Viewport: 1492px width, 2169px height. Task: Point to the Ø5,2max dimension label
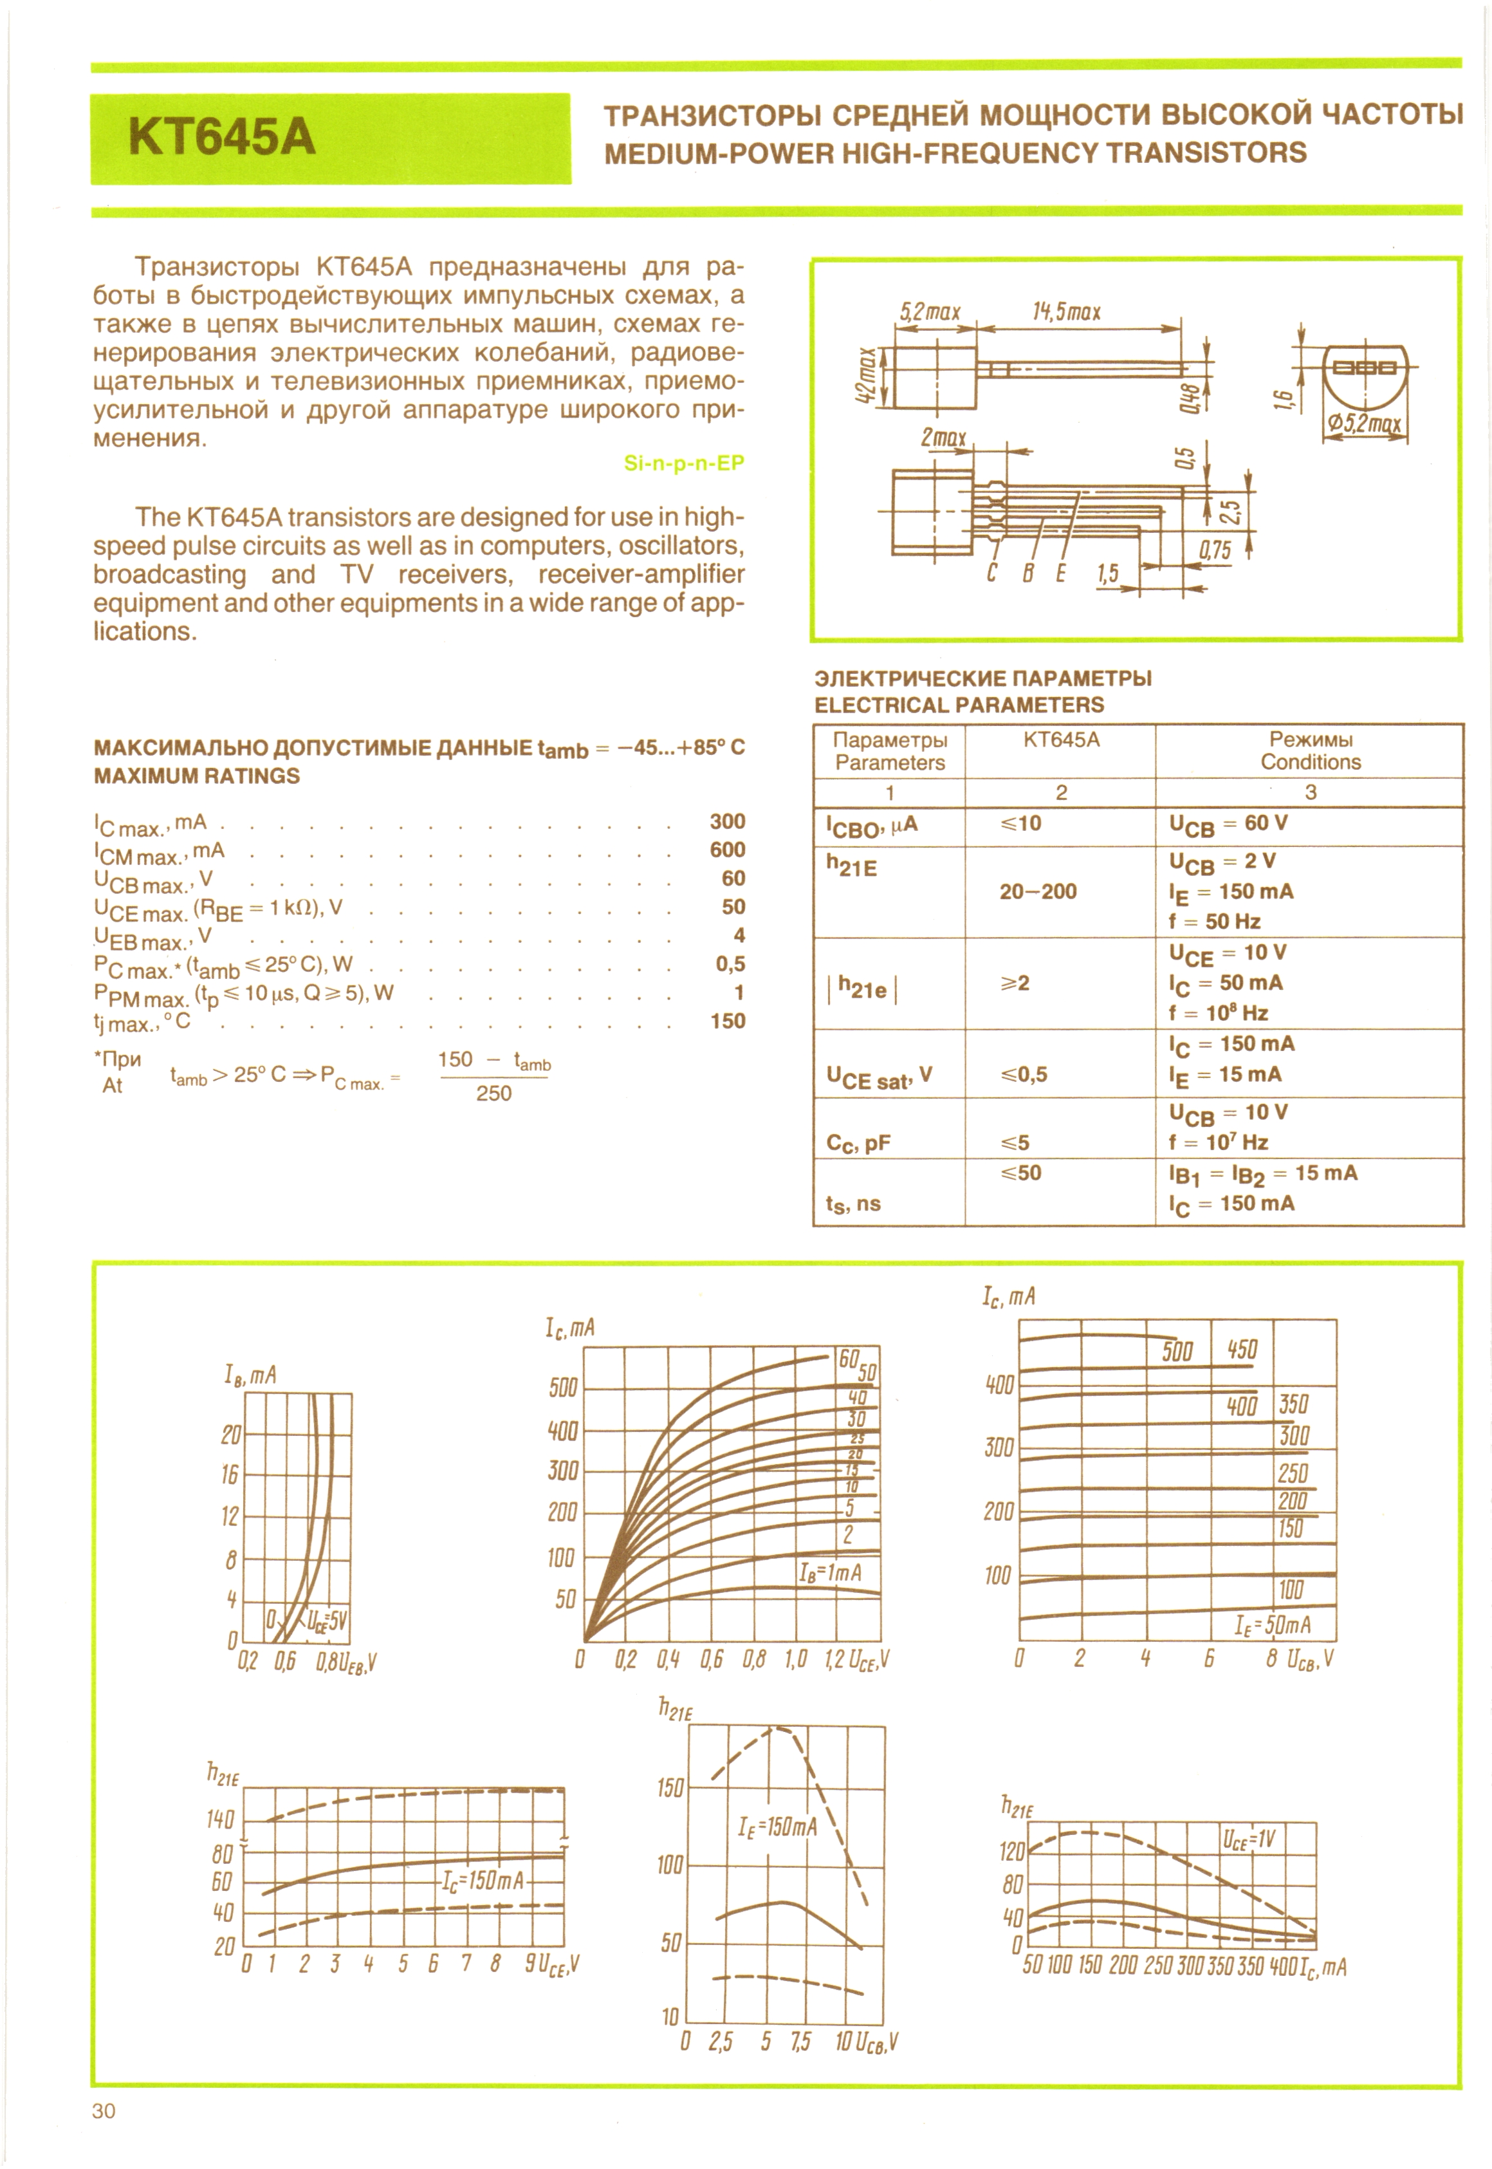1364,424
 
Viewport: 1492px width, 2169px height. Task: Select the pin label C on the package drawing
992,573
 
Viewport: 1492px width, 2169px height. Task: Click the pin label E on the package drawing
1060,573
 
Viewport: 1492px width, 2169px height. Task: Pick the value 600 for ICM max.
727,850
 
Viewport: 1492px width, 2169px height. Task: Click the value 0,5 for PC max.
730,964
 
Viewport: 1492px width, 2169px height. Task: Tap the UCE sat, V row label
879,1078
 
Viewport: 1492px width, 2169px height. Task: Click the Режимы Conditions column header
1310,750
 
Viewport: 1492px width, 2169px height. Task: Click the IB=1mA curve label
829,1572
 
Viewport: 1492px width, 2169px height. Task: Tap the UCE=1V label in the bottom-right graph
1249,1840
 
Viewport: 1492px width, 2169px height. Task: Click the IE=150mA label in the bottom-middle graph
777,1826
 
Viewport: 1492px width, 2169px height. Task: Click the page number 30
104,2110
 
